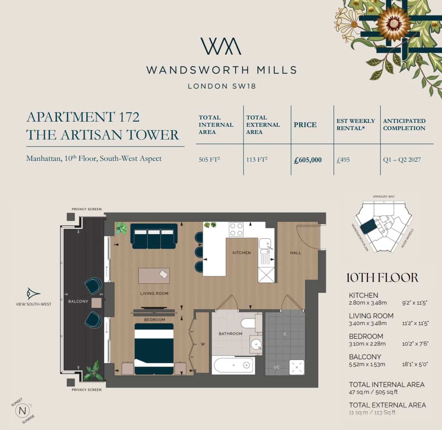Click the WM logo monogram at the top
point(221,46)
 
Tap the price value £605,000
point(308,160)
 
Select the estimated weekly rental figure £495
point(343,160)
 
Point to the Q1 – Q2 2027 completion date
point(401,160)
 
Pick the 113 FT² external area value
point(257,160)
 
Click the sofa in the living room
point(154,236)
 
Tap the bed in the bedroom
point(154,348)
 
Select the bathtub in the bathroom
point(233,366)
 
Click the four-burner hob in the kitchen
point(236,230)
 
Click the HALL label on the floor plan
point(295,253)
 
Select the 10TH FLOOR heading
point(382,278)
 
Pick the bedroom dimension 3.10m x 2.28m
point(367,344)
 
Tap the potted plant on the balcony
point(93,371)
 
